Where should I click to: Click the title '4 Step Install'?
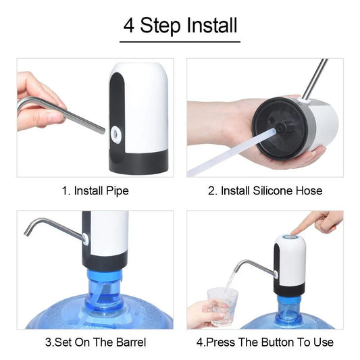pyautogui.click(x=180, y=25)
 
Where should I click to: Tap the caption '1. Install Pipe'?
pyautogui.click(x=95, y=190)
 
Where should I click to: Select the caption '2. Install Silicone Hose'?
pyautogui.click(x=265, y=190)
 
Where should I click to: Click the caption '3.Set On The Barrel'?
pyautogui.click(x=95, y=342)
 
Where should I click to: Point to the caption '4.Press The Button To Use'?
pyautogui.click(x=265, y=342)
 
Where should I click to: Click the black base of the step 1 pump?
pyautogui.click(x=139, y=161)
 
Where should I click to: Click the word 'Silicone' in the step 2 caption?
pyautogui.click(x=274, y=190)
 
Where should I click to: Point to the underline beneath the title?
pyautogui.click(x=180, y=42)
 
